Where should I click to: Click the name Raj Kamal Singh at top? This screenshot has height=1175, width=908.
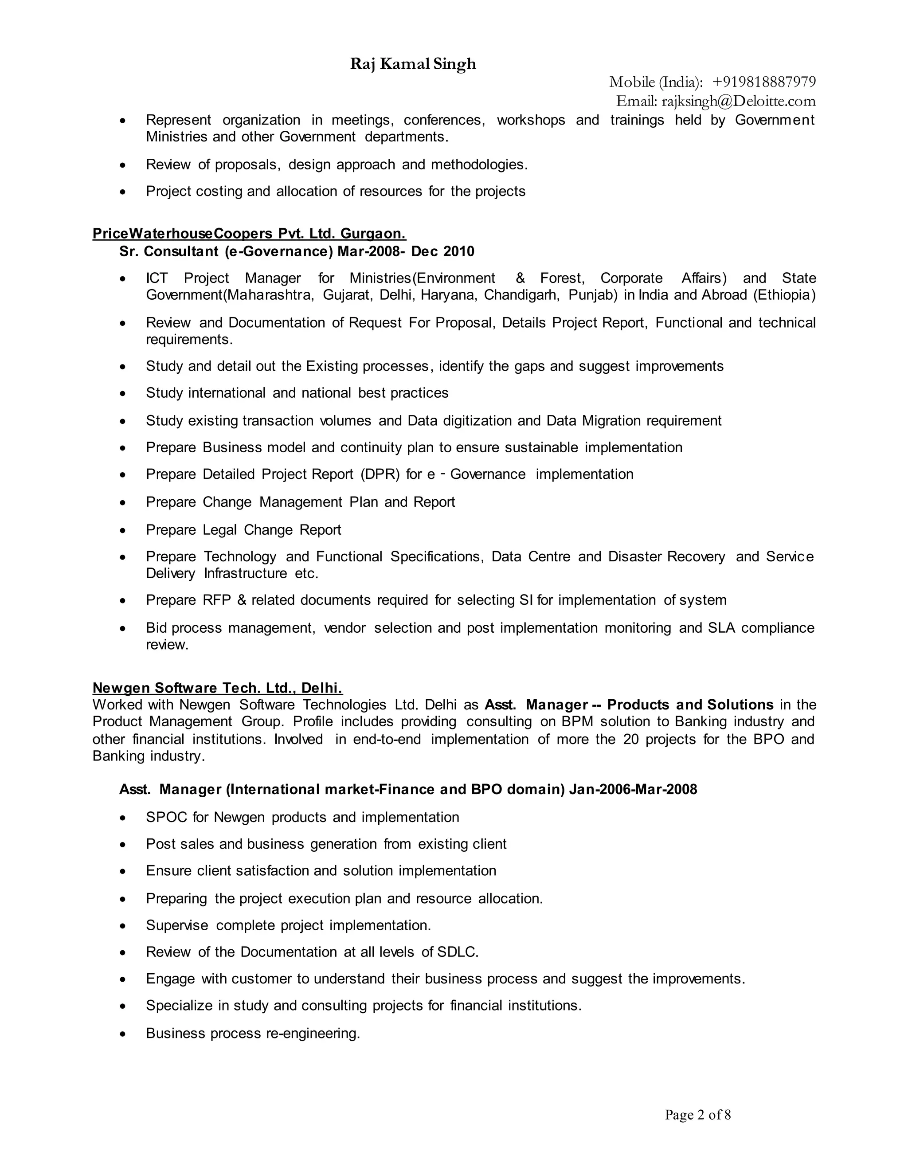tap(413, 64)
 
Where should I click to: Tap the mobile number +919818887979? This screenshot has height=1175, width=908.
tap(763, 82)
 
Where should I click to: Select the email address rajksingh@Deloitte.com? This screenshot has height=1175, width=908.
tap(738, 101)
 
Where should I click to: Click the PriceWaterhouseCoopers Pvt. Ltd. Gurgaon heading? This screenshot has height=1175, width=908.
tap(249, 234)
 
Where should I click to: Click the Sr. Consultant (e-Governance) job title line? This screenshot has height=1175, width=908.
tap(297, 251)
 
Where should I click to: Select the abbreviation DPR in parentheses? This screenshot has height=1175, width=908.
tap(380, 474)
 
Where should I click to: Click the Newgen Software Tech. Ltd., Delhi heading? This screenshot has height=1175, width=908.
tap(217, 688)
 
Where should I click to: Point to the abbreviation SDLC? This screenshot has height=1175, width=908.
tap(457, 952)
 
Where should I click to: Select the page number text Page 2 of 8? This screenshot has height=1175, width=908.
tap(698, 1115)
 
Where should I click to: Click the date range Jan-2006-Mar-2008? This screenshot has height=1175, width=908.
tap(633, 789)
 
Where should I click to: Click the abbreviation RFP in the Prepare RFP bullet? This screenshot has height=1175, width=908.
tap(216, 600)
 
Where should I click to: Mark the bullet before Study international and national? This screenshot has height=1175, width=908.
tap(123, 394)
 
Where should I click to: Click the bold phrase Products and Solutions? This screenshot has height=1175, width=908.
tap(690, 705)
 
